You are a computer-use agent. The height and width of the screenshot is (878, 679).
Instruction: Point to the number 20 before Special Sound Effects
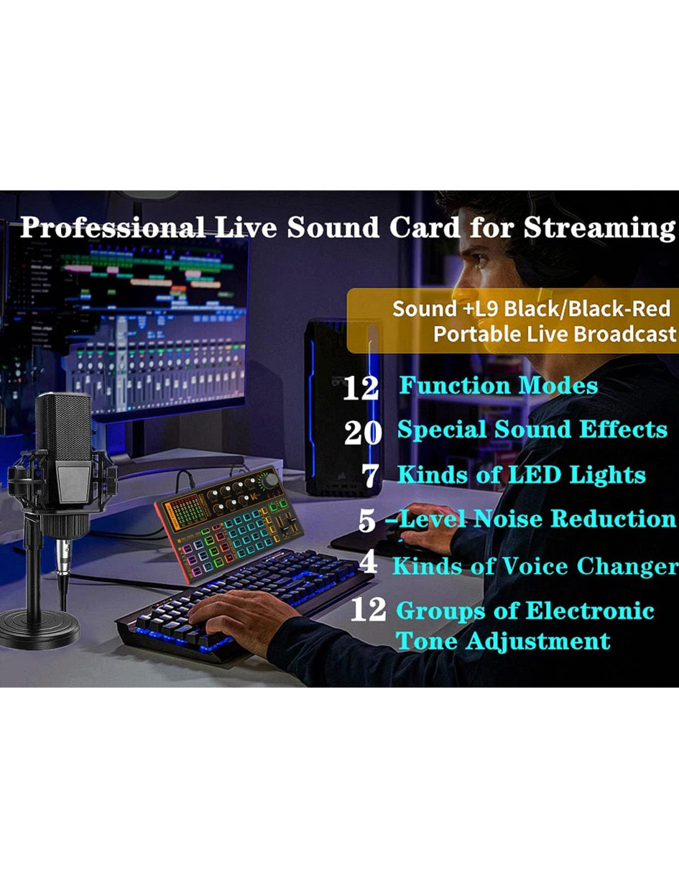[363, 433]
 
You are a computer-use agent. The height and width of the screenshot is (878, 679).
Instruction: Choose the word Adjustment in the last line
[538, 642]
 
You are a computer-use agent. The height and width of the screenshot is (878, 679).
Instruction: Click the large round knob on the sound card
[270, 481]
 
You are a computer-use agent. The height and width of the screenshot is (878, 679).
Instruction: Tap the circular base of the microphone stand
[39, 630]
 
